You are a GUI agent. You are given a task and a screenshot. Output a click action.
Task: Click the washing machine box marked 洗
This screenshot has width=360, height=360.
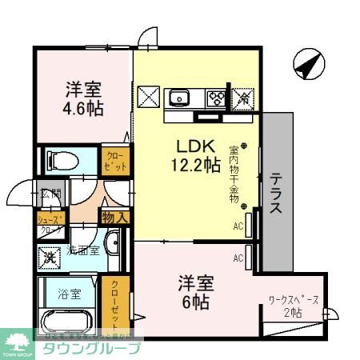[49, 257]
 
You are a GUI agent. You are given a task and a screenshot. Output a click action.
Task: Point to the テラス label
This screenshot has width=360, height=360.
[274, 194]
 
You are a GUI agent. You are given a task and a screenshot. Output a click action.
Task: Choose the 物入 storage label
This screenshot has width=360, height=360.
[114, 216]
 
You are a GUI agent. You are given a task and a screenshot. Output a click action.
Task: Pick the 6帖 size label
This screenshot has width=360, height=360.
[194, 302]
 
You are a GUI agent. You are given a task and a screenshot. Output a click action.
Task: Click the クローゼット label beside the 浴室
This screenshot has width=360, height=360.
[114, 303]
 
